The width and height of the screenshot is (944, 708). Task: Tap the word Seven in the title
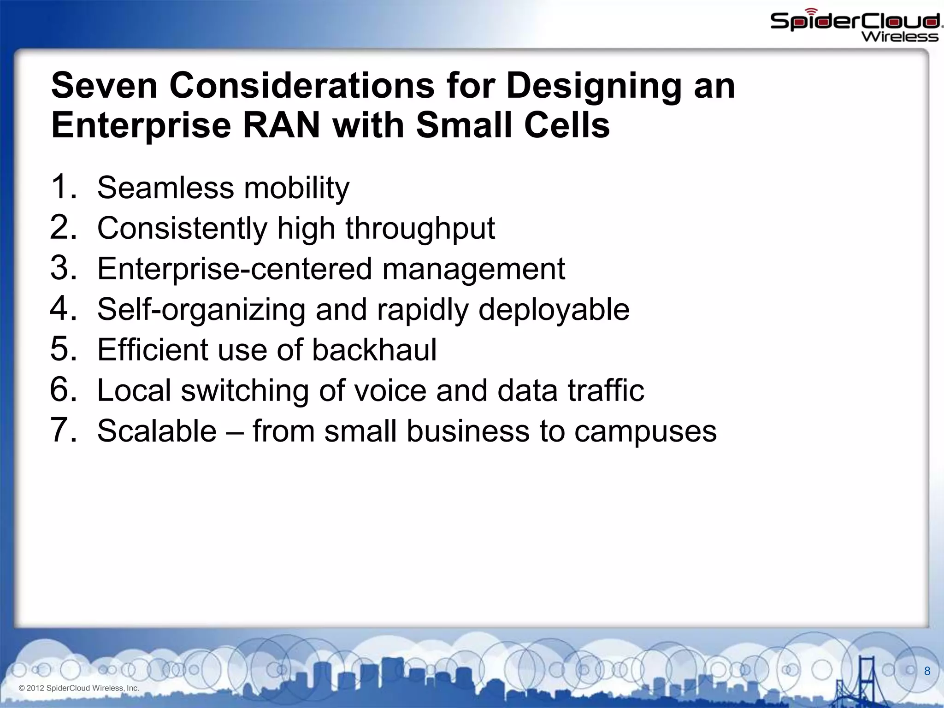104,86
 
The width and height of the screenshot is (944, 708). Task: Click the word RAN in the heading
281,125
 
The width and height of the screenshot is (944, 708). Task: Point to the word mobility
296,188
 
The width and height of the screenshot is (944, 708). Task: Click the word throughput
420,229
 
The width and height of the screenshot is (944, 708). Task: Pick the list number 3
63,268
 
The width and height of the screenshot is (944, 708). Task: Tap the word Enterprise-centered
234,269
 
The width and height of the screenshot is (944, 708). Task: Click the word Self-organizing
201,309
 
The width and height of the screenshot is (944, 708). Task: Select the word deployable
554,309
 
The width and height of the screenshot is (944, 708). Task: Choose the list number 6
63,389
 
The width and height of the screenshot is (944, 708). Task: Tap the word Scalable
157,431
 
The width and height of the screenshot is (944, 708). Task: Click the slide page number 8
927,671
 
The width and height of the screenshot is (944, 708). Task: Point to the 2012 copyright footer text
79,688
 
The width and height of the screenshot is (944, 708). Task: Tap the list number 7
63,430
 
